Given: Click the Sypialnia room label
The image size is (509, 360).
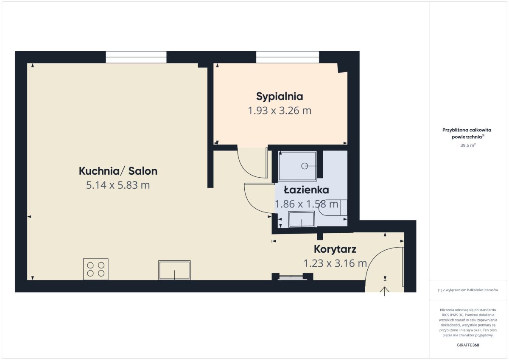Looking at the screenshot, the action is [280, 97].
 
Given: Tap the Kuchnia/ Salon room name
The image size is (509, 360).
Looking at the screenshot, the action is [118, 171].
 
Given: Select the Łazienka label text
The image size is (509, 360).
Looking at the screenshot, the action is [306, 190].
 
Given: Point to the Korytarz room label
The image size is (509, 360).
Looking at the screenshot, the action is [335, 249].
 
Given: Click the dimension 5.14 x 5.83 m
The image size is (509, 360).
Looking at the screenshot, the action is [118, 185].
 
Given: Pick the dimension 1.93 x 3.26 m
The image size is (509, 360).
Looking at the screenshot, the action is [280, 111].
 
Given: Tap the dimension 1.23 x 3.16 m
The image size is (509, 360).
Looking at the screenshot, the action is [335, 263].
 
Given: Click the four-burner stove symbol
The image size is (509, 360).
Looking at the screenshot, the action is [96, 269].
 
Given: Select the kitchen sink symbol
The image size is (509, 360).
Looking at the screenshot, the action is [174, 270].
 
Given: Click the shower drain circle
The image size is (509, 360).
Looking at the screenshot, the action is [305, 166].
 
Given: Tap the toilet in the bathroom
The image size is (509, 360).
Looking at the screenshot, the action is [333, 207].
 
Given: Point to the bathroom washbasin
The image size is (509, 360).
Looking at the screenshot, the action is [302, 219].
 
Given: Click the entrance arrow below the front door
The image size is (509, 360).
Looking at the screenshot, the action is [384, 291].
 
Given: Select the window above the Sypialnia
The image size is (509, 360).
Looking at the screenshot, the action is [288, 57].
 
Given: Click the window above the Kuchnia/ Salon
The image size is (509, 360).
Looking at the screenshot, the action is [136, 57].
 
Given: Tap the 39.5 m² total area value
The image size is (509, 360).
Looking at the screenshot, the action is [468, 145].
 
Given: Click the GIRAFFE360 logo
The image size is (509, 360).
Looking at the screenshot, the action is [468, 345].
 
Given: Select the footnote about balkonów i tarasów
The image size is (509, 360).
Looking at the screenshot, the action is [468, 290].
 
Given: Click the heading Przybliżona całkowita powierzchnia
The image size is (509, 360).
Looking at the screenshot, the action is [467, 133].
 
